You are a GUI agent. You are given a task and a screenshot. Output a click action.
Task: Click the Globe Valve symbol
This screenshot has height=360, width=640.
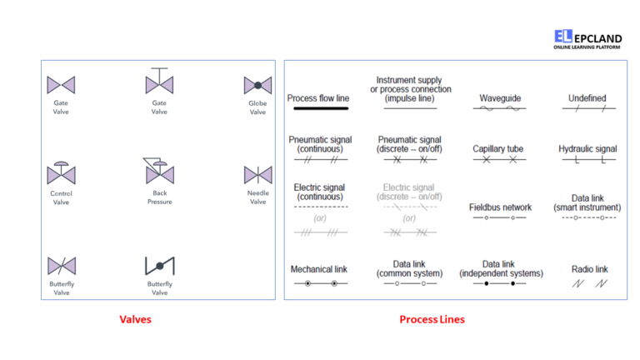257,86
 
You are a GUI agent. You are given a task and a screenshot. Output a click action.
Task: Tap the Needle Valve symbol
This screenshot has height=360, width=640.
258,175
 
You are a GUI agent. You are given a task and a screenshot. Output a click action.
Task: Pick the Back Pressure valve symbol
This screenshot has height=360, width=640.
160,172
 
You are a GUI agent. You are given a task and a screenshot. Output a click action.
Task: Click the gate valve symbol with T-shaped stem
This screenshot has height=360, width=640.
159,81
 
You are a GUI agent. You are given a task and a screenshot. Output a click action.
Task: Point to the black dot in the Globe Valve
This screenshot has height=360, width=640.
258,86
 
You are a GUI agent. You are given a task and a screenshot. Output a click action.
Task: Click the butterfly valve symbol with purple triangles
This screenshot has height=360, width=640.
62,266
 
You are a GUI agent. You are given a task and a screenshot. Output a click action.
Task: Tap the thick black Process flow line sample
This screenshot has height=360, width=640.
321,108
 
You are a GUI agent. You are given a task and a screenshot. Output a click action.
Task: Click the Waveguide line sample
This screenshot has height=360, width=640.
500,108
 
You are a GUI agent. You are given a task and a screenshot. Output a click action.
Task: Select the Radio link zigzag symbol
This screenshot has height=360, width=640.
590,283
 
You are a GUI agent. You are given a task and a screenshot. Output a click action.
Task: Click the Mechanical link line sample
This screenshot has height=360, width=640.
321,283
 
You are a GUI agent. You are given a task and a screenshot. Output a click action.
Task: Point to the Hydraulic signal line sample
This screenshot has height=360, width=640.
588,160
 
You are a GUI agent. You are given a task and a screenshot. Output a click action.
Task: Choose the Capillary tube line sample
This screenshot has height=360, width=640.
500,160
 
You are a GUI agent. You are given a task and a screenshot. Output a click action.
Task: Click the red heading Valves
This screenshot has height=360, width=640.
135,319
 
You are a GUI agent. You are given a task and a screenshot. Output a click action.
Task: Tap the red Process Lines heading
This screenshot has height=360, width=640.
432,319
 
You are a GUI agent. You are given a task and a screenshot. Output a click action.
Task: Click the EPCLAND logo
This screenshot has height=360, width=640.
587,39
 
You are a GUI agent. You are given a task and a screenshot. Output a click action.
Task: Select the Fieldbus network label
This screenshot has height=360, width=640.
500,207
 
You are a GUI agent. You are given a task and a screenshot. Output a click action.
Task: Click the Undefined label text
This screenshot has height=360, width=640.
587,98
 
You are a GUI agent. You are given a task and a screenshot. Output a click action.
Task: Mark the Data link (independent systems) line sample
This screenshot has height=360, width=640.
500,283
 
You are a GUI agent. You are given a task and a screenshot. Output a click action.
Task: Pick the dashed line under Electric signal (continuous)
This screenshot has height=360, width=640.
321,207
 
